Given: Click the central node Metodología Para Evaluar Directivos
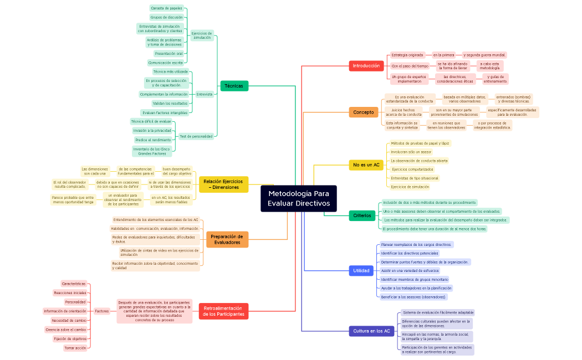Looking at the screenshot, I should pos(298,198).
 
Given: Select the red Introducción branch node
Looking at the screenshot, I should pos(366,66).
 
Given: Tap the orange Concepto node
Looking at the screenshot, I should pos(363,112).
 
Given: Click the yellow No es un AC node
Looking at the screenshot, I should pos(366,165).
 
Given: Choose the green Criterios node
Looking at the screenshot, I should pos(362,215).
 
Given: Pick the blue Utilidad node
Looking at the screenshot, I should pos(361,271).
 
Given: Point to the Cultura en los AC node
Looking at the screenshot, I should pos(371,331).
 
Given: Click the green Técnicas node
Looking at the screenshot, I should pos(234,86).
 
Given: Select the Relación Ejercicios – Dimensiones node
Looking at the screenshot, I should pos(223,184).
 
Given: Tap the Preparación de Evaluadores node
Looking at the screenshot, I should pos(227,239).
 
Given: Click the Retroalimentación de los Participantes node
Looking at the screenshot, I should pos(223,311).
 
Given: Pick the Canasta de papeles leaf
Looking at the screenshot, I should pos(166,8).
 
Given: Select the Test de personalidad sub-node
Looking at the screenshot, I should pos(196,136).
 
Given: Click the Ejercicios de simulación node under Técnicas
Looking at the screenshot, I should pos(202,35).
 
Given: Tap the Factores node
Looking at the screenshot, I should pos(102,311).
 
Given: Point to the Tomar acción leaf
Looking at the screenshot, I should pos(75,348).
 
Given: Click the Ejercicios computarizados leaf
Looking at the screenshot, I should pos(412,169).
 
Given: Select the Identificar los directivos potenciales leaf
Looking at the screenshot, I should pos(410,253).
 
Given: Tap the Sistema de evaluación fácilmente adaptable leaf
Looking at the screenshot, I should pos(437,312).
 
